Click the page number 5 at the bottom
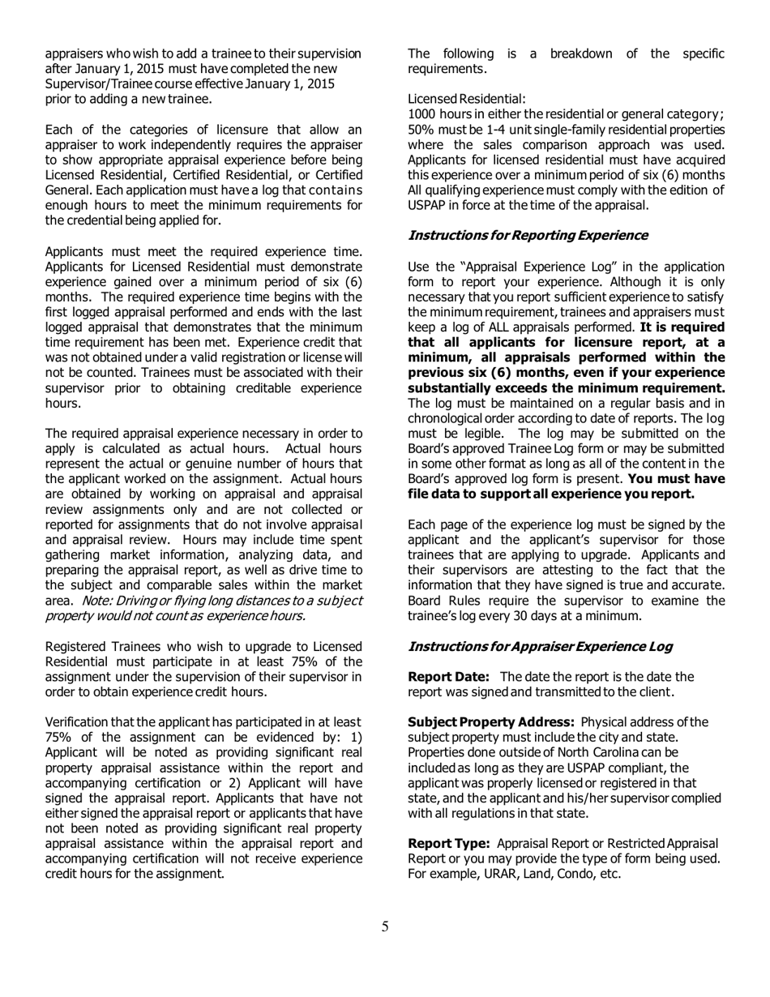point(385,926)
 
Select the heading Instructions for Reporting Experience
point(528,235)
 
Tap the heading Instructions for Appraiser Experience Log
point(540,646)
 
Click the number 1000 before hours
point(422,113)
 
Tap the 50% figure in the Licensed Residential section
point(420,131)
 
